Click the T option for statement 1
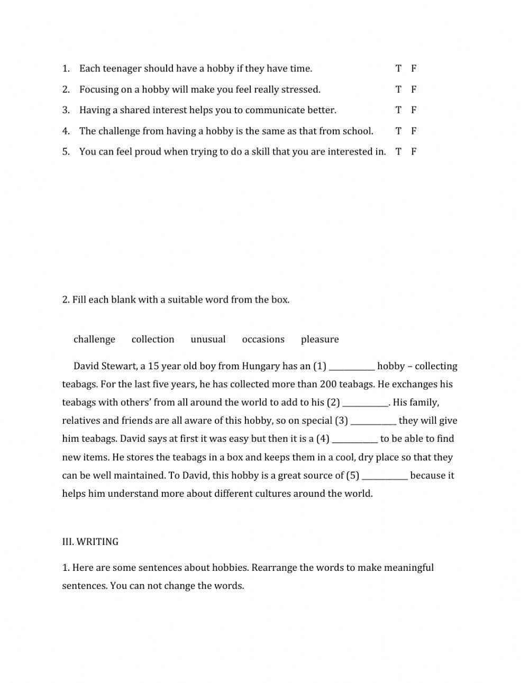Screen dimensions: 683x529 click(398, 68)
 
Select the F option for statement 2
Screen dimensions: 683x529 click(414, 89)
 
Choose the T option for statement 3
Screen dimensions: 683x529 click(398, 110)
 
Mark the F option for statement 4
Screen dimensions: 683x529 click(414, 131)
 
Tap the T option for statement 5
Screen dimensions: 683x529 click(398, 151)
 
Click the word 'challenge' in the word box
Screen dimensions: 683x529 click(94, 339)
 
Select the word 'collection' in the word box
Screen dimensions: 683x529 click(153, 339)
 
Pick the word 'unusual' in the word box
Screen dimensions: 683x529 click(208, 339)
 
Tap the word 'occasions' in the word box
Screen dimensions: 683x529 click(263, 339)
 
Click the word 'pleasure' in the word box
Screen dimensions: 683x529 click(320, 339)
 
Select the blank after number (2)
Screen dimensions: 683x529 click(366, 403)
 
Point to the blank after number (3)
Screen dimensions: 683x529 click(373, 421)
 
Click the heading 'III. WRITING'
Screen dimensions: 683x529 click(90, 542)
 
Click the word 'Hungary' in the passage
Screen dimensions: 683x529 click(261, 366)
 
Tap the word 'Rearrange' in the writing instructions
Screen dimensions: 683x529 click(274, 568)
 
